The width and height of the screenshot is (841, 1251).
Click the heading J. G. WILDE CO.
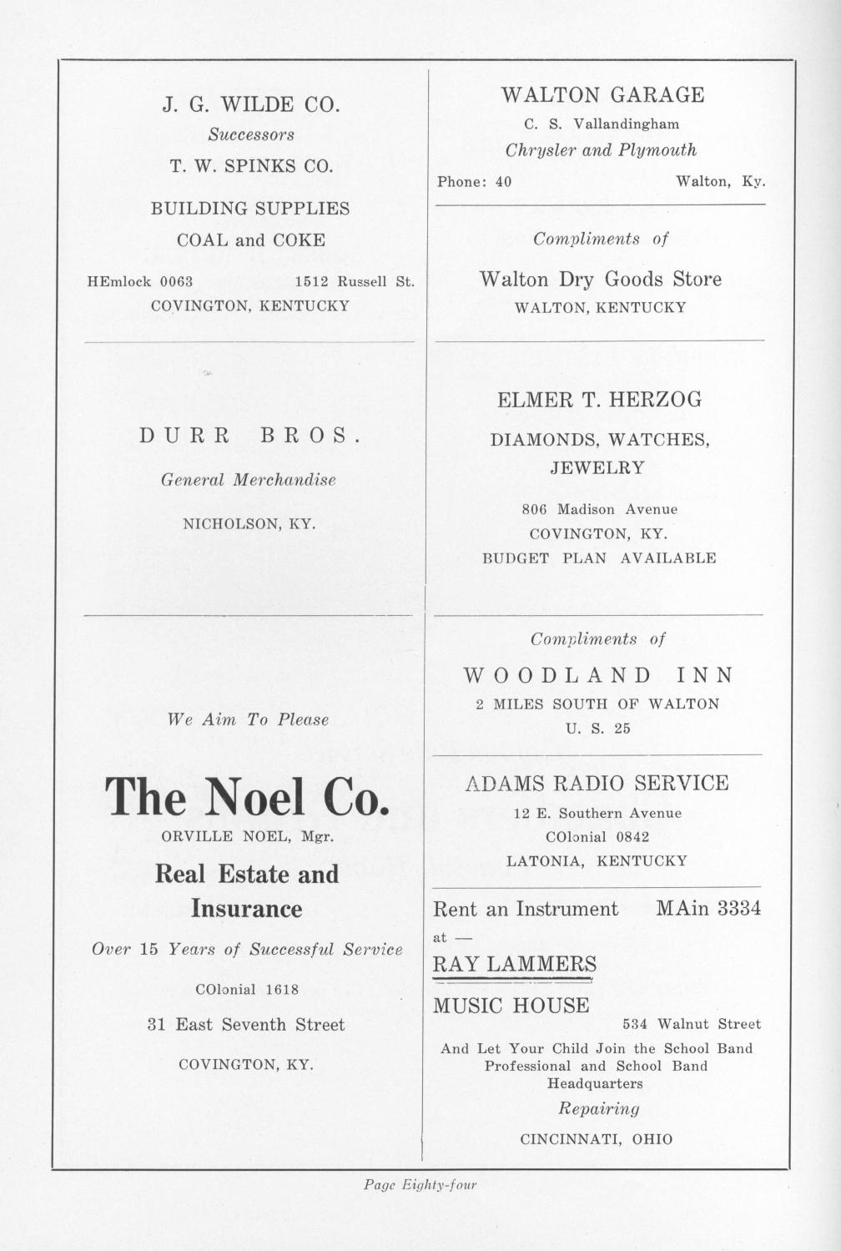click(250, 105)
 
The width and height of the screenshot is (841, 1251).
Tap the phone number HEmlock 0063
click(140, 281)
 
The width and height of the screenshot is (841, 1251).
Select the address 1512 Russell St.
click(355, 281)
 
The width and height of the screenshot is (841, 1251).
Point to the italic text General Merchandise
click(249, 480)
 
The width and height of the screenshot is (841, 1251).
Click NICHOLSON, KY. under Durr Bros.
click(249, 525)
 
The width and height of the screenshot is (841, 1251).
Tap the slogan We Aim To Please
click(249, 719)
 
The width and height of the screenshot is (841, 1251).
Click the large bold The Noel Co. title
click(247, 796)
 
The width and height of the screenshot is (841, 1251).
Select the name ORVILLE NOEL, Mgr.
click(248, 836)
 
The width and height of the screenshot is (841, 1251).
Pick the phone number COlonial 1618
click(246, 990)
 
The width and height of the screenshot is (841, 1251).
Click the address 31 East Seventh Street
click(246, 1025)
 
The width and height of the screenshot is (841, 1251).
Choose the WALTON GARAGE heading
click(602, 95)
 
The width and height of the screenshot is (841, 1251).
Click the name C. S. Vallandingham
click(602, 124)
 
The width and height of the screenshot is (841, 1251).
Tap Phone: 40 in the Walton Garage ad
click(475, 181)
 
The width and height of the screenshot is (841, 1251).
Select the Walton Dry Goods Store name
click(601, 279)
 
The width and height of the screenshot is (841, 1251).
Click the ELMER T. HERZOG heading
click(600, 400)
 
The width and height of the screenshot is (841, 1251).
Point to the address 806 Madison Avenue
click(600, 509)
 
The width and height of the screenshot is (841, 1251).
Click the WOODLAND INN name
click(599, 675)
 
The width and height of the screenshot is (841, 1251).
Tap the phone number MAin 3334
click(708, 909)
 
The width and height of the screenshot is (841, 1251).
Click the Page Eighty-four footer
click(420, 1184)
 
